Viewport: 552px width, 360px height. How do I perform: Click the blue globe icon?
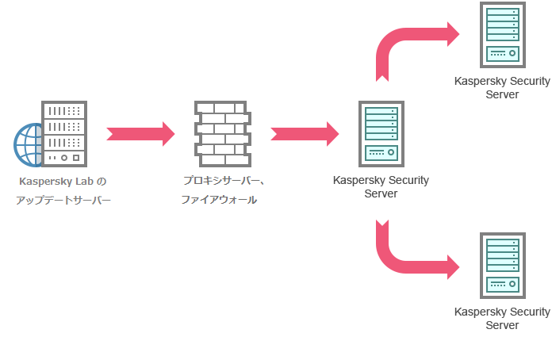(x=26, y=146)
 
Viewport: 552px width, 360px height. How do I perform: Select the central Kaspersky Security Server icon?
(x=380, y=133)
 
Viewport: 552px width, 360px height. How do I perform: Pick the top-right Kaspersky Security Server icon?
(x=502, y=36)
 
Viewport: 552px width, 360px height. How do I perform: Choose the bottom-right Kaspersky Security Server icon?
(x=502, y=266)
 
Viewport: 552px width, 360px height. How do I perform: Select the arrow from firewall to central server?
(x=304, y=133)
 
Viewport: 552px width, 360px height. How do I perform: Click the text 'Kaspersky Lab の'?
(x=62, y=181)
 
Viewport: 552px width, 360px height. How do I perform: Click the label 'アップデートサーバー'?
(x=63, y=201)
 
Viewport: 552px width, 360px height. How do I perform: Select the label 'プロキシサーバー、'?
(x=224, y=180)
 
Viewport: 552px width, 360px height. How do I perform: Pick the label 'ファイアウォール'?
(x=219, y=200)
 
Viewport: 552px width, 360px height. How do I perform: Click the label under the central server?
(x=381, y=187)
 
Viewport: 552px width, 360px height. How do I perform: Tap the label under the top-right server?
(x=502, y=87)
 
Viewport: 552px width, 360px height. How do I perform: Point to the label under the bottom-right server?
(x=502, y=318)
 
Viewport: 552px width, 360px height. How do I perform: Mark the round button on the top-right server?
(x=512, y=54)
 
